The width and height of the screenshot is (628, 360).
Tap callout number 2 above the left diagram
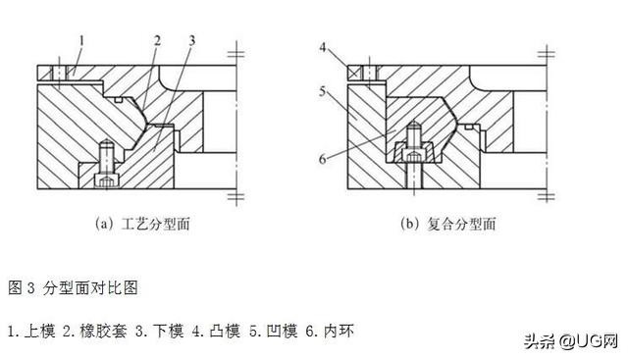(156, 41)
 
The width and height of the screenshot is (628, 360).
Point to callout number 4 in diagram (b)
(323, 46)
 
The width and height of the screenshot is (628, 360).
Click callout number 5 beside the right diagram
(323, 94)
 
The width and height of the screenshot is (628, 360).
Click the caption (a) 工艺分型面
(141, 224)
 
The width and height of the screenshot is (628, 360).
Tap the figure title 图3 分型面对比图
(73, 287)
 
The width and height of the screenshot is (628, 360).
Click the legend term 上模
(39, 331)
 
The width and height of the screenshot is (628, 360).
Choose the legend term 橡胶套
(97, 331)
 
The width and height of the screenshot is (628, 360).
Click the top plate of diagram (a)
(147, 72)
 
